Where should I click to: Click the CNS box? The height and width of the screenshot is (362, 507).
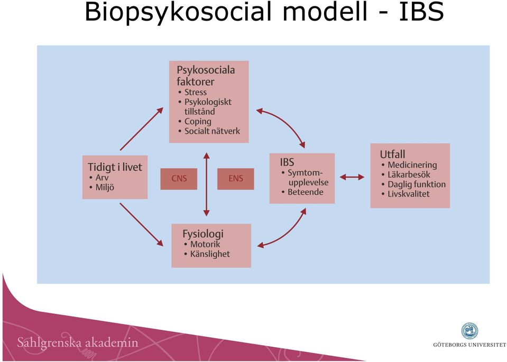tap(179, 179)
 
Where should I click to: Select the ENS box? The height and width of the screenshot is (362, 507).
tap(236, 179)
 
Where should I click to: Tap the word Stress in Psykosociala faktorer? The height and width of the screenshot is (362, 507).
tap(195, 92)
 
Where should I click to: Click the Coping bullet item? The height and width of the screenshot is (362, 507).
tap(198, 122)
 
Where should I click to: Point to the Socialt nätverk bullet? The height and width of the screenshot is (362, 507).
tap(212, 131)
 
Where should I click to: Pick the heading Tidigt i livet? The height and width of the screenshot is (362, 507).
tap(115, 167)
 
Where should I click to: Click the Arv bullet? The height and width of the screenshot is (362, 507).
tap(102, 178)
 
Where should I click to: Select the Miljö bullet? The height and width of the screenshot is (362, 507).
tap(105, 188)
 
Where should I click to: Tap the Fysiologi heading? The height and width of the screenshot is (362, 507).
tap(202, 234)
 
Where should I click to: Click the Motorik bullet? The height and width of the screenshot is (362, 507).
tap(205, 244)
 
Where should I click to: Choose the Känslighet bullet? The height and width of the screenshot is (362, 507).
tap(210, 254)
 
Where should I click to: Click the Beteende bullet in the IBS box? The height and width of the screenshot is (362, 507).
tap(305, 192)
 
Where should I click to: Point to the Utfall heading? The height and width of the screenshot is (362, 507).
tap(392, 154)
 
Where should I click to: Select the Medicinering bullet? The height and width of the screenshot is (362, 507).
tap(412, 165)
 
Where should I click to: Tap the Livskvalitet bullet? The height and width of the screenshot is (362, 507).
tap(409, 194)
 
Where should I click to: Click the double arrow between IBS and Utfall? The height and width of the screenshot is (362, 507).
tap(352, 177)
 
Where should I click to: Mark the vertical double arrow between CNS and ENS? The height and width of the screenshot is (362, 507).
tap(206, 184)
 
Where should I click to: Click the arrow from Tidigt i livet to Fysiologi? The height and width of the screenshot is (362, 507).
tap(141, 225)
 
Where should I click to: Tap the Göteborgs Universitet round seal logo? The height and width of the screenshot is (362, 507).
tap(469, 331)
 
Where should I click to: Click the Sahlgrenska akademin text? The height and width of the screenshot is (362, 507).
tap(78, 342)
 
